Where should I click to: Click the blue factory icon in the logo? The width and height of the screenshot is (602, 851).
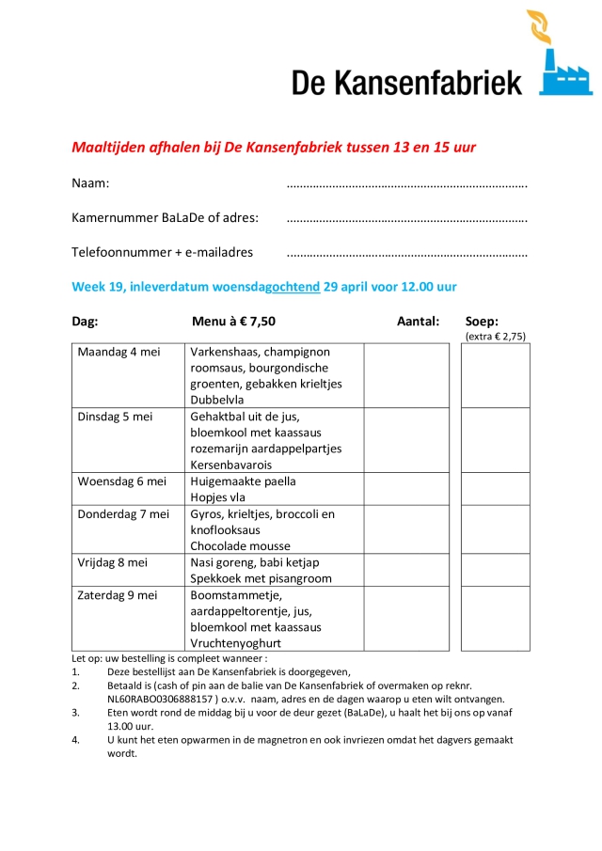point(565,76)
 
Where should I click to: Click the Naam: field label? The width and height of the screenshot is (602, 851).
point(90,183)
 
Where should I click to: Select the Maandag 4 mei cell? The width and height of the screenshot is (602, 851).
point(119,353)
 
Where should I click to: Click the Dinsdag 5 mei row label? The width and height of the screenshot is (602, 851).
point(115,417)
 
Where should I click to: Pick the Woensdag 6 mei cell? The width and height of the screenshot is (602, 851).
point(121,481)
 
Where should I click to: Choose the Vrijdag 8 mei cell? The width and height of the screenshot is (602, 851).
point(113,562)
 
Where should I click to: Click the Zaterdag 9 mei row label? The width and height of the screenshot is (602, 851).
point(118,595)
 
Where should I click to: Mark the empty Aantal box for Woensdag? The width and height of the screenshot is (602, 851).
point(406,489)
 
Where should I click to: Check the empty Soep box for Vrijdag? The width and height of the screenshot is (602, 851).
point(495,570)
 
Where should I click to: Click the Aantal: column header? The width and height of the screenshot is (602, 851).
point(418,322)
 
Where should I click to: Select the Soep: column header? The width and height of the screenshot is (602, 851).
point(482,321)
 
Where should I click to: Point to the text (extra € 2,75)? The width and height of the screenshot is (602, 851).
point(496,336)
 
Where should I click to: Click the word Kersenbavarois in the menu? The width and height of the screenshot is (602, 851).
point(230,465)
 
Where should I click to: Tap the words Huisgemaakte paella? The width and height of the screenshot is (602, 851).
point(243,481)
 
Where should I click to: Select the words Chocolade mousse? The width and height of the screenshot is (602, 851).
point(240,546)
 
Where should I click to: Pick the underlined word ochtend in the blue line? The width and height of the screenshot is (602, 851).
point(295,287)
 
